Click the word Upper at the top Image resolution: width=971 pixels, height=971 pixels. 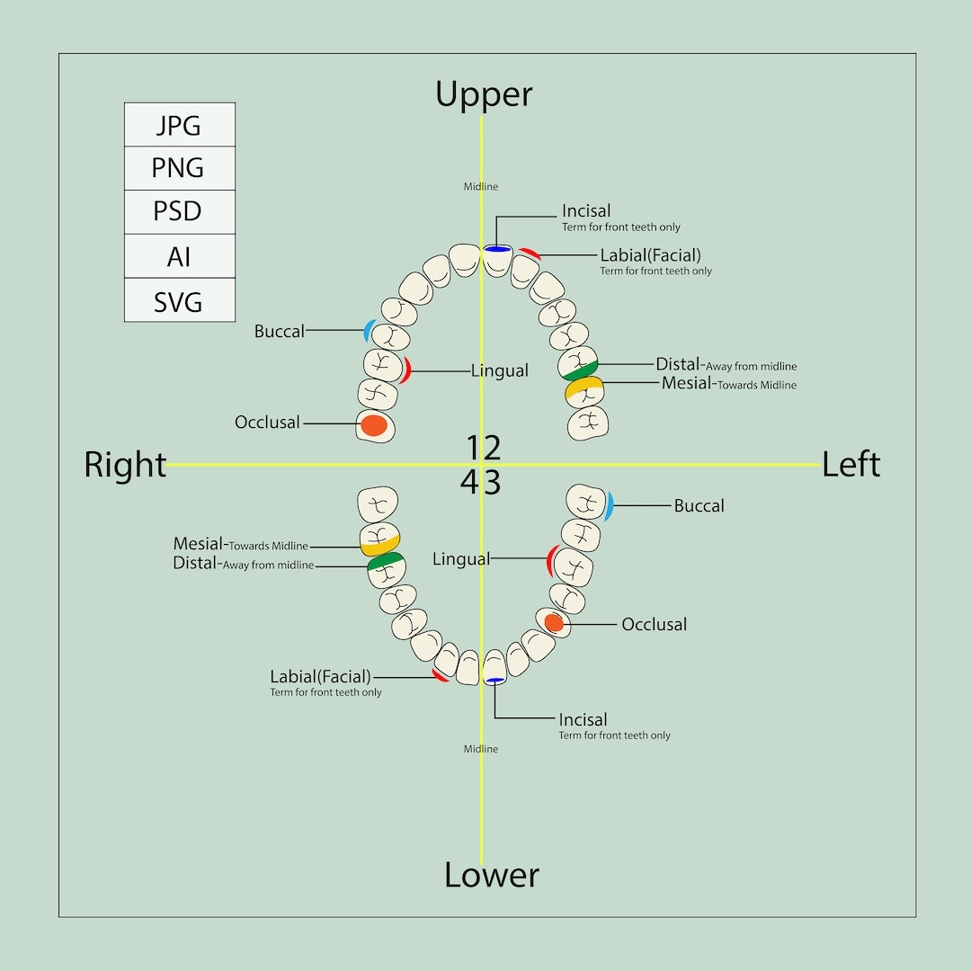tap(484, 94)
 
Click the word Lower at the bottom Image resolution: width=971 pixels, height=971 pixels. tap(492, 875)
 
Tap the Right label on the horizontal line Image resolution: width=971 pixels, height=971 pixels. tap(125, 465)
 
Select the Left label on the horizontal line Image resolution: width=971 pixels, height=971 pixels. tap(851, 464)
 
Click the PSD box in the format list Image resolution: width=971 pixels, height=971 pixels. tap(179, 212)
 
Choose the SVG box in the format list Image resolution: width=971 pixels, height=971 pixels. tap(179, 301)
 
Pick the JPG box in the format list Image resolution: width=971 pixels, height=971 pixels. tap(179, 125)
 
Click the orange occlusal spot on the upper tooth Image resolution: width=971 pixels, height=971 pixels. tap(374, 424)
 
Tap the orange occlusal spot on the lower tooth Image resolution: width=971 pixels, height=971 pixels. tap(554, 622)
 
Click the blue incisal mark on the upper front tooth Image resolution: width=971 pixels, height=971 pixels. tap(497, 248)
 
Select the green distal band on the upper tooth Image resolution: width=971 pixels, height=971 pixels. tap(579, 369)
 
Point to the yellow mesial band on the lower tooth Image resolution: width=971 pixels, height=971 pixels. tap(379, 545)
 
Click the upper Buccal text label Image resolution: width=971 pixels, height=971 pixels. tap(280, 332)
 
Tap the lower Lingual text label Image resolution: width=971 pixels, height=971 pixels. tap(461, 559)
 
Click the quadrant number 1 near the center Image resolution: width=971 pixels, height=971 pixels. tap(475, 447)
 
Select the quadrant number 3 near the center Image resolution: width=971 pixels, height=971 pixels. tap(493, 484)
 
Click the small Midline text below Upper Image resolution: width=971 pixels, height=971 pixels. tap(481, 187)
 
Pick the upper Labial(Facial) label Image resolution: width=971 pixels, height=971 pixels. tap(650, 255)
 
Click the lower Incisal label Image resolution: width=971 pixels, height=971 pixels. tap(583, 720)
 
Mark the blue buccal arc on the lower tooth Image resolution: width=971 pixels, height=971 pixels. tap(609, 506)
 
